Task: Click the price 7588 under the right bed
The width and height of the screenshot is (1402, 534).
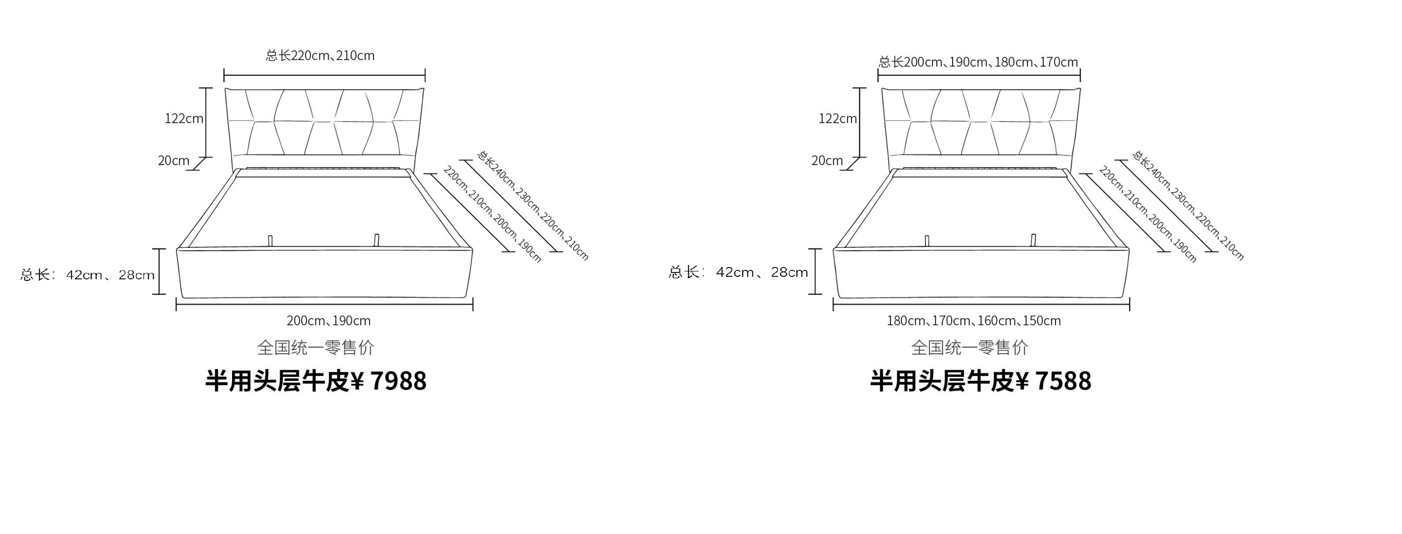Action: (x=1063, y=381)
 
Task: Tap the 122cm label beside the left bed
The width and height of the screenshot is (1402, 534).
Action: (x=184, y=119)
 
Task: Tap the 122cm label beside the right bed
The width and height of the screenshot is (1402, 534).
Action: (x=838, y=119)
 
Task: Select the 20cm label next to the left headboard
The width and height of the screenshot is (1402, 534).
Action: (x=173, y=161)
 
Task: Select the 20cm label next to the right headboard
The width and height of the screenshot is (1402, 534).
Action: (x=827, y=161)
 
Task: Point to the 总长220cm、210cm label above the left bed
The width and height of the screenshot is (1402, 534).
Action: (x=320, y=56)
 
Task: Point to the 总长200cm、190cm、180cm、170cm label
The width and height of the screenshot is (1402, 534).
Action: (x=978, y=62)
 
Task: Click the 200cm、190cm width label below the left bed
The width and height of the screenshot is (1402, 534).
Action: (x=329, y=321)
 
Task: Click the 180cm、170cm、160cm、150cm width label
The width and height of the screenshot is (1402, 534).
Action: (x=974, y=321)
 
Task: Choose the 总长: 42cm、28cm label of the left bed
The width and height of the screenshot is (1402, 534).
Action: (x=88, y=274)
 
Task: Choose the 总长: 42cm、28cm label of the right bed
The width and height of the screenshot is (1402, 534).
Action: (x=738, y=272)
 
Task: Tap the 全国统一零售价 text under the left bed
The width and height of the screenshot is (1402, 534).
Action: (x=316, y=347)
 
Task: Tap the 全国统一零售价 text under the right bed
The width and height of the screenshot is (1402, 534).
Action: (x=969, y=347)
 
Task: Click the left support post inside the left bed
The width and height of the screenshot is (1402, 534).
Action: (x=270, y=240)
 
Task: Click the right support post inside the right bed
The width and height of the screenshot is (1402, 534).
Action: (x=1033, y=240)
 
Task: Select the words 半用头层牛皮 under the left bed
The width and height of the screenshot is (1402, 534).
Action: (x=277, y=381)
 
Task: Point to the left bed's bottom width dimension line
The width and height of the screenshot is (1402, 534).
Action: (x=324, y=304)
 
